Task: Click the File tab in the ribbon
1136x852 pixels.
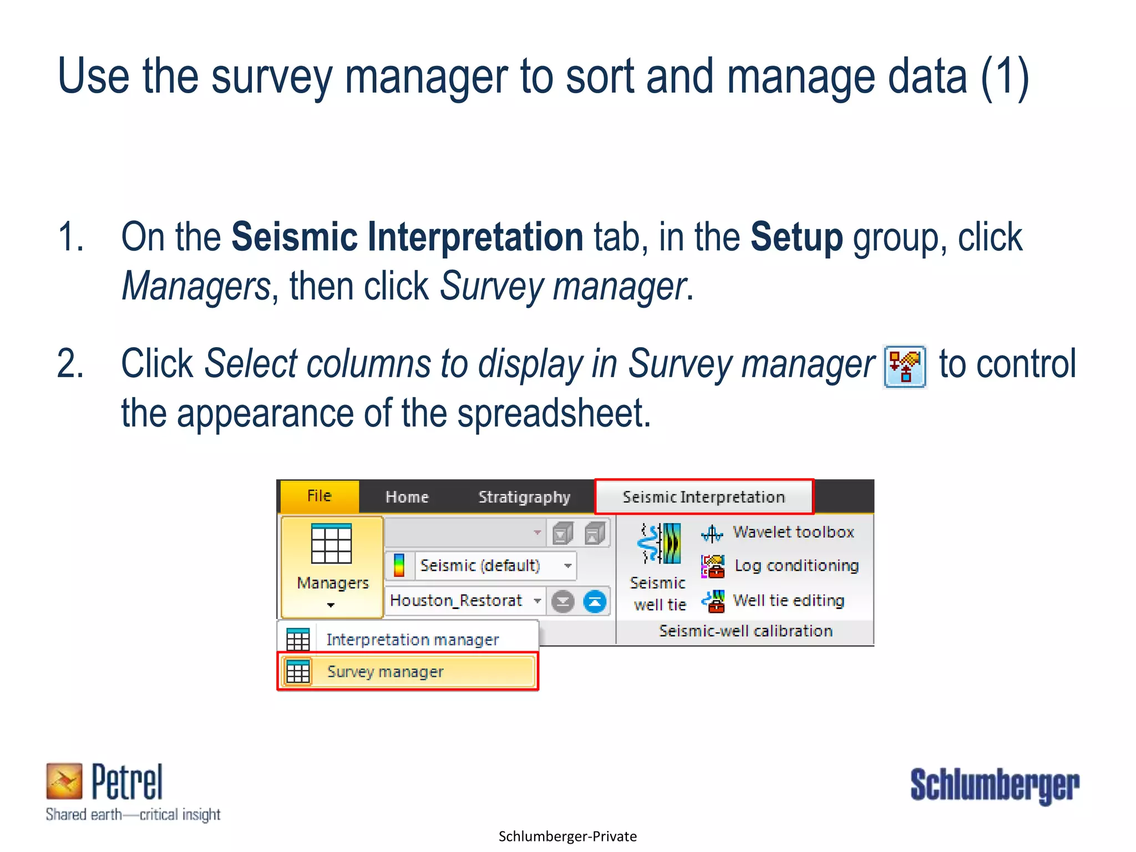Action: [319, 496]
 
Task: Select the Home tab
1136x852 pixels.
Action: [407, 497]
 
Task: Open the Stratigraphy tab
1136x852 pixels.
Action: [524, 497]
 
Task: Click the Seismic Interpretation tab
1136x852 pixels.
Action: [703, 497]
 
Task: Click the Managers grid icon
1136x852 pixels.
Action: [331, 545]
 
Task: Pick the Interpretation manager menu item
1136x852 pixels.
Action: [412, 640]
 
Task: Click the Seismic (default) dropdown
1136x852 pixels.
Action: [495, 566]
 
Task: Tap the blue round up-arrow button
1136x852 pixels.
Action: [595, 602]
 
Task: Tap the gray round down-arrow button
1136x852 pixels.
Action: [563, 602]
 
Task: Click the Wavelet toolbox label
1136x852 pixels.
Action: [793, 532]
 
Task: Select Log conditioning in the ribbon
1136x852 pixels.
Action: [796, 566]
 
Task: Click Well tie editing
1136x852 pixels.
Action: [788, 601]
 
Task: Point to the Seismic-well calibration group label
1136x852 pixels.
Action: [745, 631]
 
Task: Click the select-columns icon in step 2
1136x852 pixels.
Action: [904, 367]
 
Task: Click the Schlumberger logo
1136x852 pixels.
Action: [994, 785]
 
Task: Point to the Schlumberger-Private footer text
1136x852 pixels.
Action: [567, 836]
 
